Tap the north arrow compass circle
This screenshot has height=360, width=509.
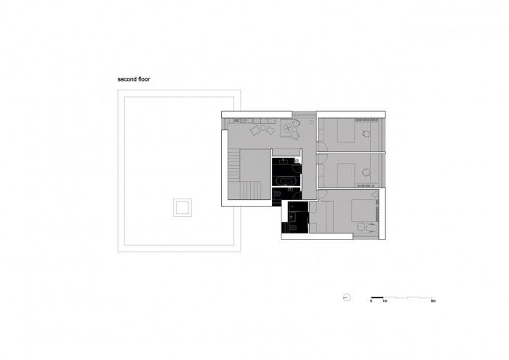[348, 297]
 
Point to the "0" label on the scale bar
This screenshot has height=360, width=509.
[371, 301]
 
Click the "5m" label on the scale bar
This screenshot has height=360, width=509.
[433, 301]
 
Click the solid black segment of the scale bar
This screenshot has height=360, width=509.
[377, 297]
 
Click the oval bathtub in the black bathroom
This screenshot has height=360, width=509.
[285, 178]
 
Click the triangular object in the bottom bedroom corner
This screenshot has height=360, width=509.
[375, 194]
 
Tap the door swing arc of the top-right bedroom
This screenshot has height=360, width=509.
[323, 144]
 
